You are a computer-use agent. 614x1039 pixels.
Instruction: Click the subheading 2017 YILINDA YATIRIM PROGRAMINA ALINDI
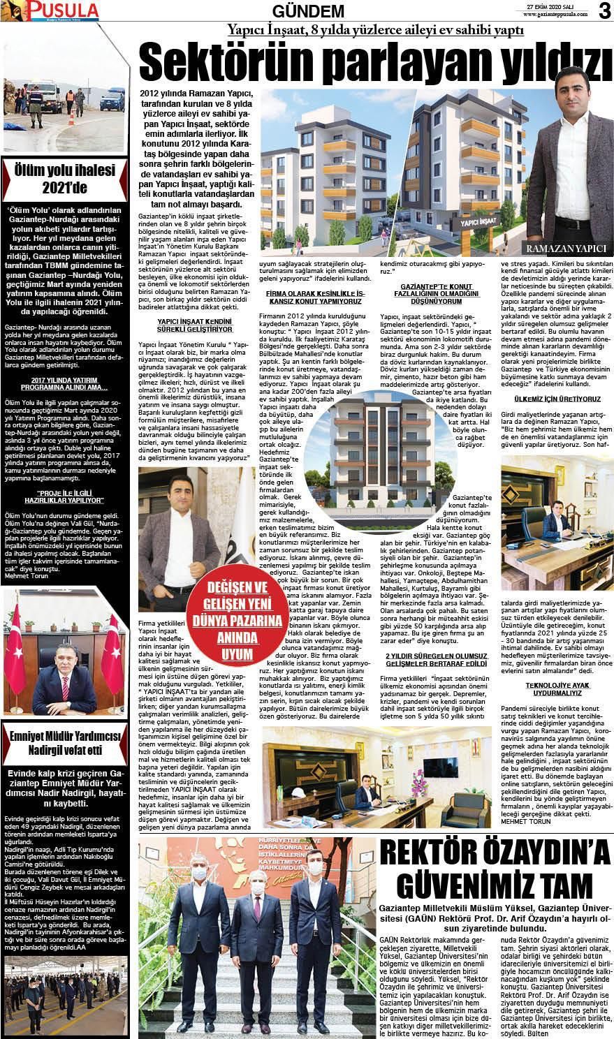tap(65, 383)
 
